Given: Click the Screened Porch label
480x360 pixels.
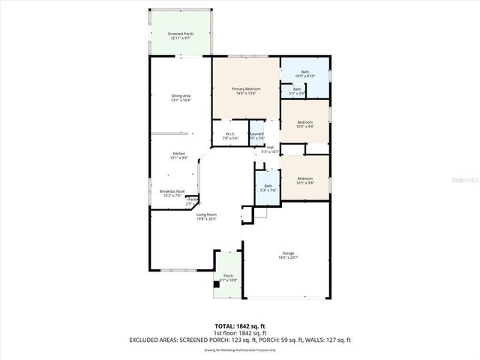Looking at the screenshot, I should (179, 34).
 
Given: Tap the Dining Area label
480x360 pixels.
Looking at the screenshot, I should (181, 96).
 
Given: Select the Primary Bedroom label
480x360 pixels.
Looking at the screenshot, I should (246, 89).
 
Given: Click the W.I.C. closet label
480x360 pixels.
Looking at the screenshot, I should (230, 134).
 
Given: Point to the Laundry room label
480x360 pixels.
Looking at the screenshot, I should (257, 134).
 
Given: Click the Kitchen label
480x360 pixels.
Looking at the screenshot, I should (179, 154).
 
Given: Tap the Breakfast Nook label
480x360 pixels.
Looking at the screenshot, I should (171, 191).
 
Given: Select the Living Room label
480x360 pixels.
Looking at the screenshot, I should (206, 215).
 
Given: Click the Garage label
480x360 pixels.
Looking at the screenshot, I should (288, 253).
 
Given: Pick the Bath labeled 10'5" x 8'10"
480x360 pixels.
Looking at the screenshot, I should (304, 72).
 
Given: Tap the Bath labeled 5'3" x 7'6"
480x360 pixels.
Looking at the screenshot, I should (268, 186).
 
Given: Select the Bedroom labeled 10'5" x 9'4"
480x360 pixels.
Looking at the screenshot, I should (304, 122).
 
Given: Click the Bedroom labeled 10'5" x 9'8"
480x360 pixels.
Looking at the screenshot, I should (304, 178).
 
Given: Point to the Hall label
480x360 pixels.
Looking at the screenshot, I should (270, 147).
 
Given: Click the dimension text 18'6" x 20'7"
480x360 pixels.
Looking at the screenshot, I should (288, 257).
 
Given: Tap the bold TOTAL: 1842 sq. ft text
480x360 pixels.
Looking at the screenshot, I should (240, 327).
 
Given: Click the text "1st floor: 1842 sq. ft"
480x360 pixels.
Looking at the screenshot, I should (240, 334).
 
